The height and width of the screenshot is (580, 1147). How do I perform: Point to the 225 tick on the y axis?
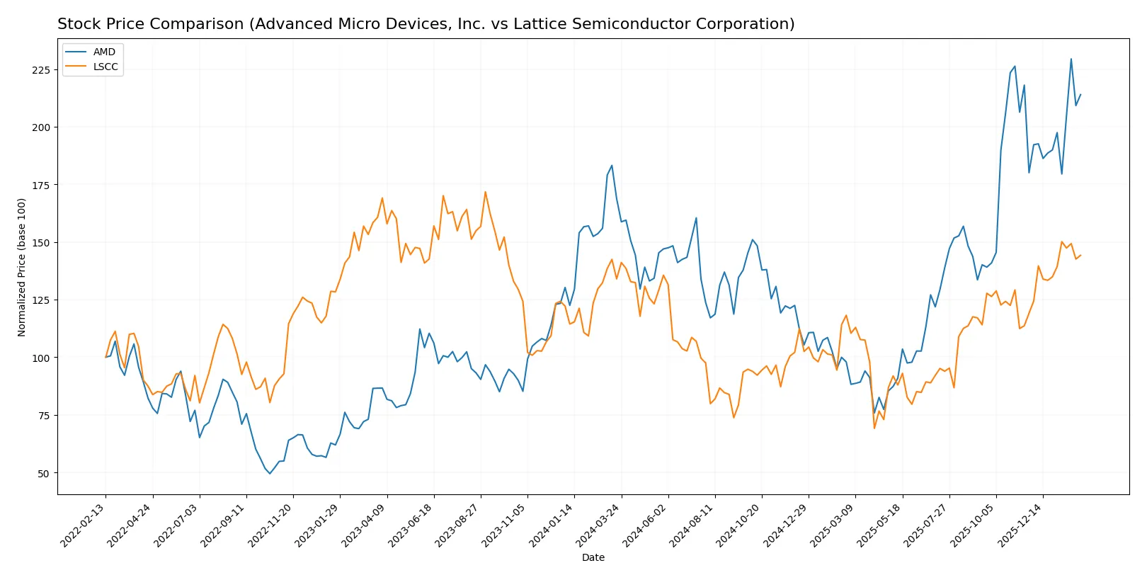(x=41, y=70)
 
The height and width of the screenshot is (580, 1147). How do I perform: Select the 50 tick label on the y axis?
(x=44, y=473)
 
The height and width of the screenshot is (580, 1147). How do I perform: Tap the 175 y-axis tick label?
(x=41, y=185)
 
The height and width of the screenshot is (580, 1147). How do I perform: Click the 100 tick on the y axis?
(x=41, y=358)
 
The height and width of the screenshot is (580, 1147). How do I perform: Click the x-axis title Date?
(x=593, y=557)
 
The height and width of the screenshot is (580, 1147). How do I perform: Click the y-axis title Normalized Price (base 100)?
(x=22, y=267)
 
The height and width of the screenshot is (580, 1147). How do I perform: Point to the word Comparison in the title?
(x=202, y=24)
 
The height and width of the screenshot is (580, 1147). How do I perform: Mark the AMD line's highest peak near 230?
(x=1071, y=59)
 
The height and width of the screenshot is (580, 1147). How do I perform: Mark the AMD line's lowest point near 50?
(x=270, y=473)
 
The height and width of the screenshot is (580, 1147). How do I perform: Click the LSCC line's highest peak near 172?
(x=485, y=192)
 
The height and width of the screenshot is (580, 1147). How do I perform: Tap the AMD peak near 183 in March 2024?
(x=612, y=166)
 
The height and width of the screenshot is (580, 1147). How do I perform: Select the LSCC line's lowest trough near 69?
(x=874, y=428)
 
